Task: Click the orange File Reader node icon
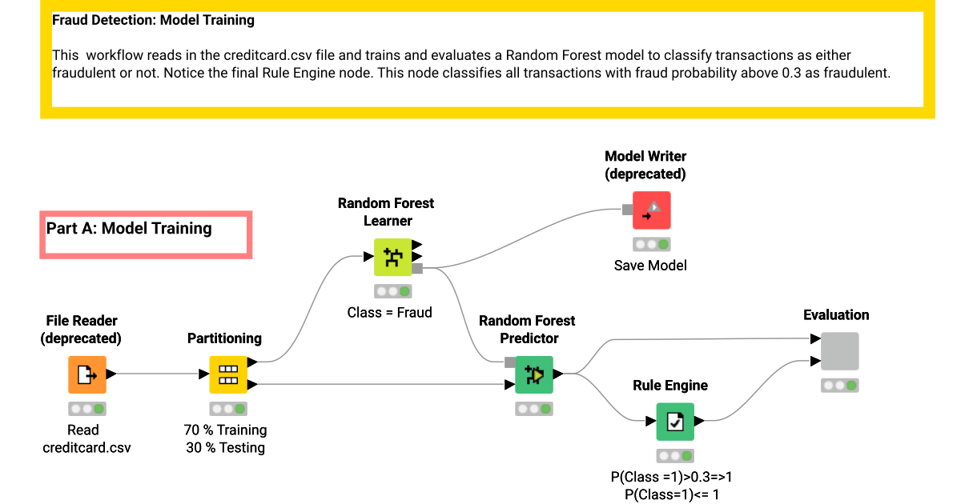[86, 374]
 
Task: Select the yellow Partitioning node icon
[228, 374]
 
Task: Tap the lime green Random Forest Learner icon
[393, 258]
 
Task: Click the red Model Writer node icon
[651, 210]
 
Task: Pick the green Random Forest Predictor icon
[533, 374]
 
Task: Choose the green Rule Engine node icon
[675, 421]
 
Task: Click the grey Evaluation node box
[839, 351]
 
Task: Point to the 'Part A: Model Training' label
[130, 229]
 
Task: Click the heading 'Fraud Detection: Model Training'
[153, 20]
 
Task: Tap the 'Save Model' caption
[650, 266]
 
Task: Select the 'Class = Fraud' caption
[389, 313]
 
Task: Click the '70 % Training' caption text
[225, 430]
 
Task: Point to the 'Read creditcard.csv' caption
[86, 439]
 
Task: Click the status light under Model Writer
[651, 244]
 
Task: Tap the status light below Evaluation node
[839, 386]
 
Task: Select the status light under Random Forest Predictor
[533, 409]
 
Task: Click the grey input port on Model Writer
[627, 210]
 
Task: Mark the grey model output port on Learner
[417, 268]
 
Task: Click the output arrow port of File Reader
[111, 374]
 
